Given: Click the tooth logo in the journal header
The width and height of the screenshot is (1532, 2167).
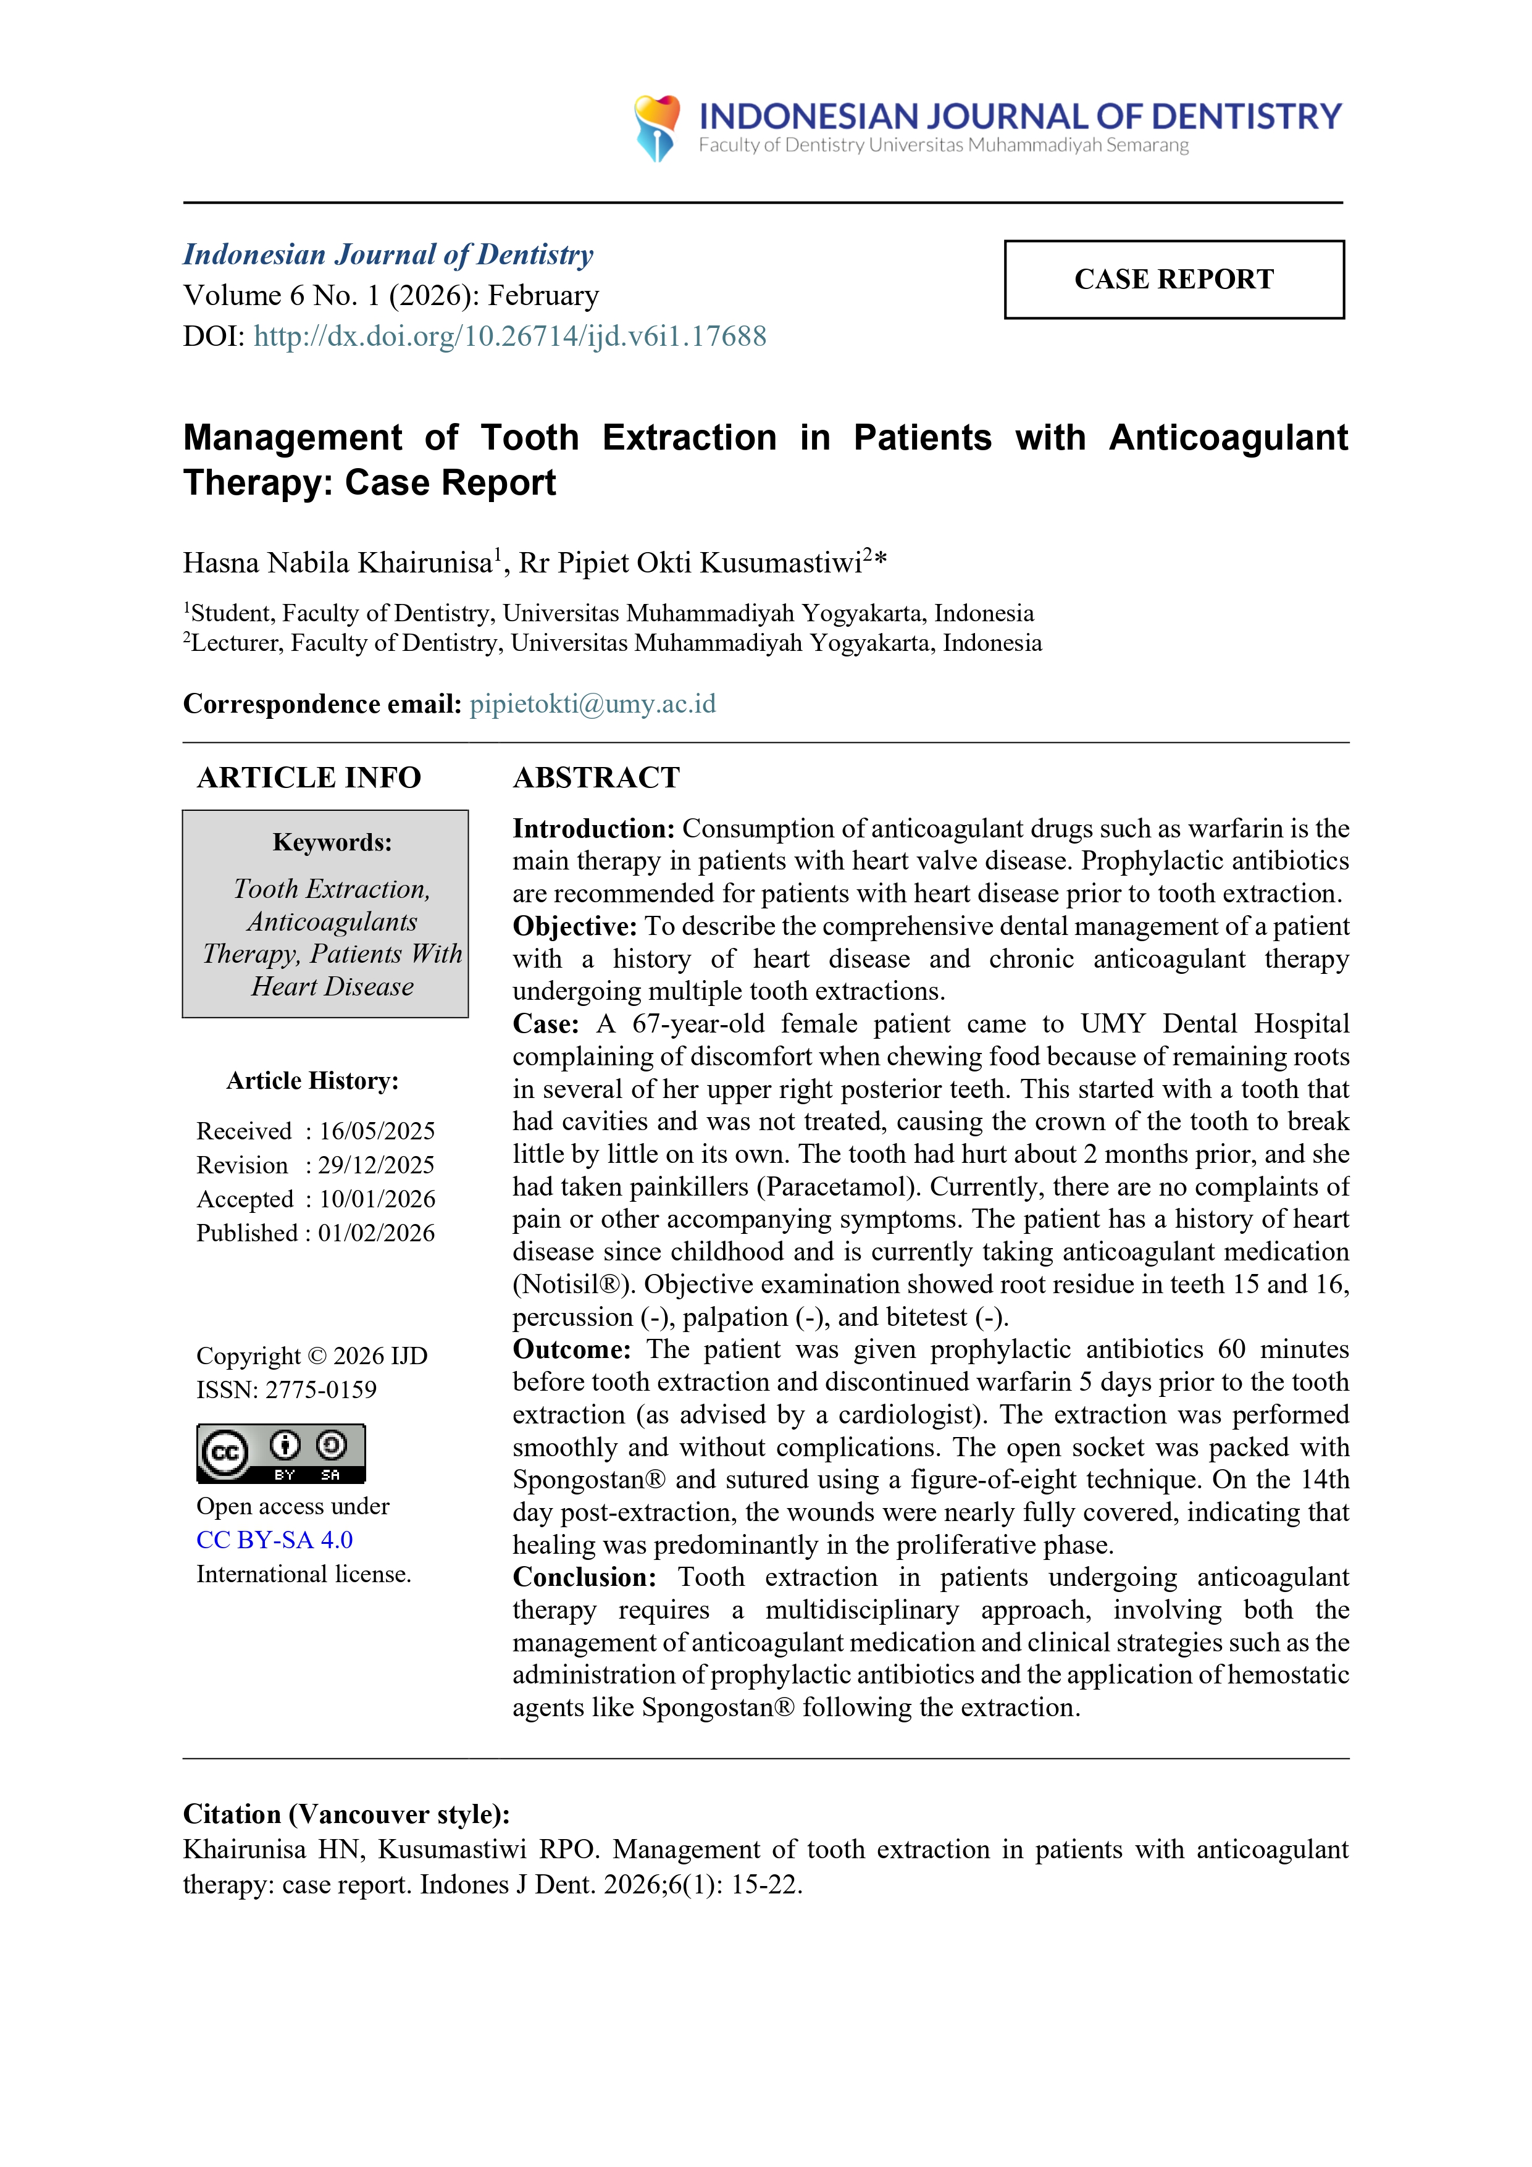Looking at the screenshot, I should [657, 127].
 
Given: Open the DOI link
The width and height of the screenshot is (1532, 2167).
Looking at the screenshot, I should [509, 337].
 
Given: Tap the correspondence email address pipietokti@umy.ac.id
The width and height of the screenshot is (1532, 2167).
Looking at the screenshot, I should [593, 704].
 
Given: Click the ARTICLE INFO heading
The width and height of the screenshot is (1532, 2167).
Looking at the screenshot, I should [309, 778].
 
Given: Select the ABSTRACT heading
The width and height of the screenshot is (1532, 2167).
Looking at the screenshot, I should [596, 778].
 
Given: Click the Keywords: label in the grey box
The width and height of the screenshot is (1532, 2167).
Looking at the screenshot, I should [332, 842].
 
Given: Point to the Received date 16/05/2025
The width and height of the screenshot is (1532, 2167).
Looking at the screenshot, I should [377, 1131].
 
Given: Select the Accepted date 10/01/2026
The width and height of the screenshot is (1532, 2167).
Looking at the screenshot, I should [377, 1199].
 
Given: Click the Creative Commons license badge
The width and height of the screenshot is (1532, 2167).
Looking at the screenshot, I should [280, 1454].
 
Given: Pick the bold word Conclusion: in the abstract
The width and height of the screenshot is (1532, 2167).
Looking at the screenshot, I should [584, 1577].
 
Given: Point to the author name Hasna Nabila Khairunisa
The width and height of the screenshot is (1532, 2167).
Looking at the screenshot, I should [338, 563].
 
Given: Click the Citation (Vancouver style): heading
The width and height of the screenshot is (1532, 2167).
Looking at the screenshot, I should [346, 1814].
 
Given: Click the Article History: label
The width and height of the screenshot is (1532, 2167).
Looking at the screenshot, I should [312, 1081].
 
